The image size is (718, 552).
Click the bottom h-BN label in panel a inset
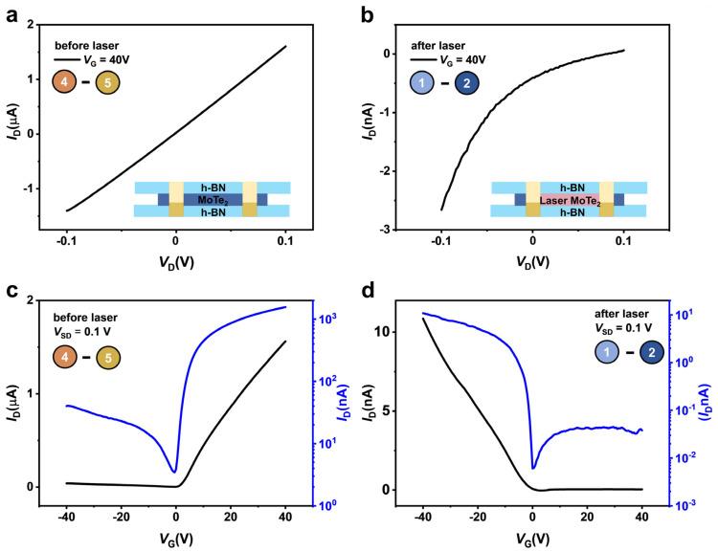(210, 211)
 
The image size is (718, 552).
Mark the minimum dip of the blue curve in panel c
(173, 471)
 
